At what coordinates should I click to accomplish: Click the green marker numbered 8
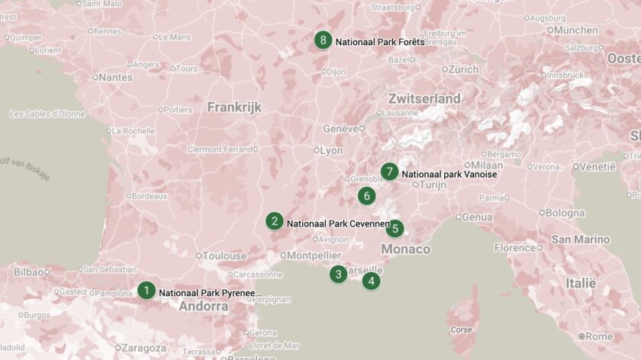coord(324,40)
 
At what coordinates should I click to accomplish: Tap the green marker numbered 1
coord(147,291)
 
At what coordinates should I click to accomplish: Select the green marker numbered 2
coord(274,222)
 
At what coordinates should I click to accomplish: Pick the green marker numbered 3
coord(339,275)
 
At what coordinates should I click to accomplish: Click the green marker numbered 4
coord(371,281)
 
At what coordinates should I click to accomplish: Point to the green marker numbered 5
coord(395,228)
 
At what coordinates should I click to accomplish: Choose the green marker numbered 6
coord(367,196)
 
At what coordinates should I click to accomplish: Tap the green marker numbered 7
coord(390,172)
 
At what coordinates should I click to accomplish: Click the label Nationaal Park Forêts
coord(379,42)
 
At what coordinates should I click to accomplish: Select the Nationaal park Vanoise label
coord(449,175)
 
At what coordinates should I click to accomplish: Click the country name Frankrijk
coord(234,108)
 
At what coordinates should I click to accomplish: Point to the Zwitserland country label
coord(424,99)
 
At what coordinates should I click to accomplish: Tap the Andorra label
coord(203,307)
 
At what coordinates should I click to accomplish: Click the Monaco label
coord(405,249)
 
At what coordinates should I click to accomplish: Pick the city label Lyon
coord(331,151)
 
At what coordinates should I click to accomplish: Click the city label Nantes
coord(115,77)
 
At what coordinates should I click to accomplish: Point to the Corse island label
coord(461,330)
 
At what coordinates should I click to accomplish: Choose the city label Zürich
coord(463,69)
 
